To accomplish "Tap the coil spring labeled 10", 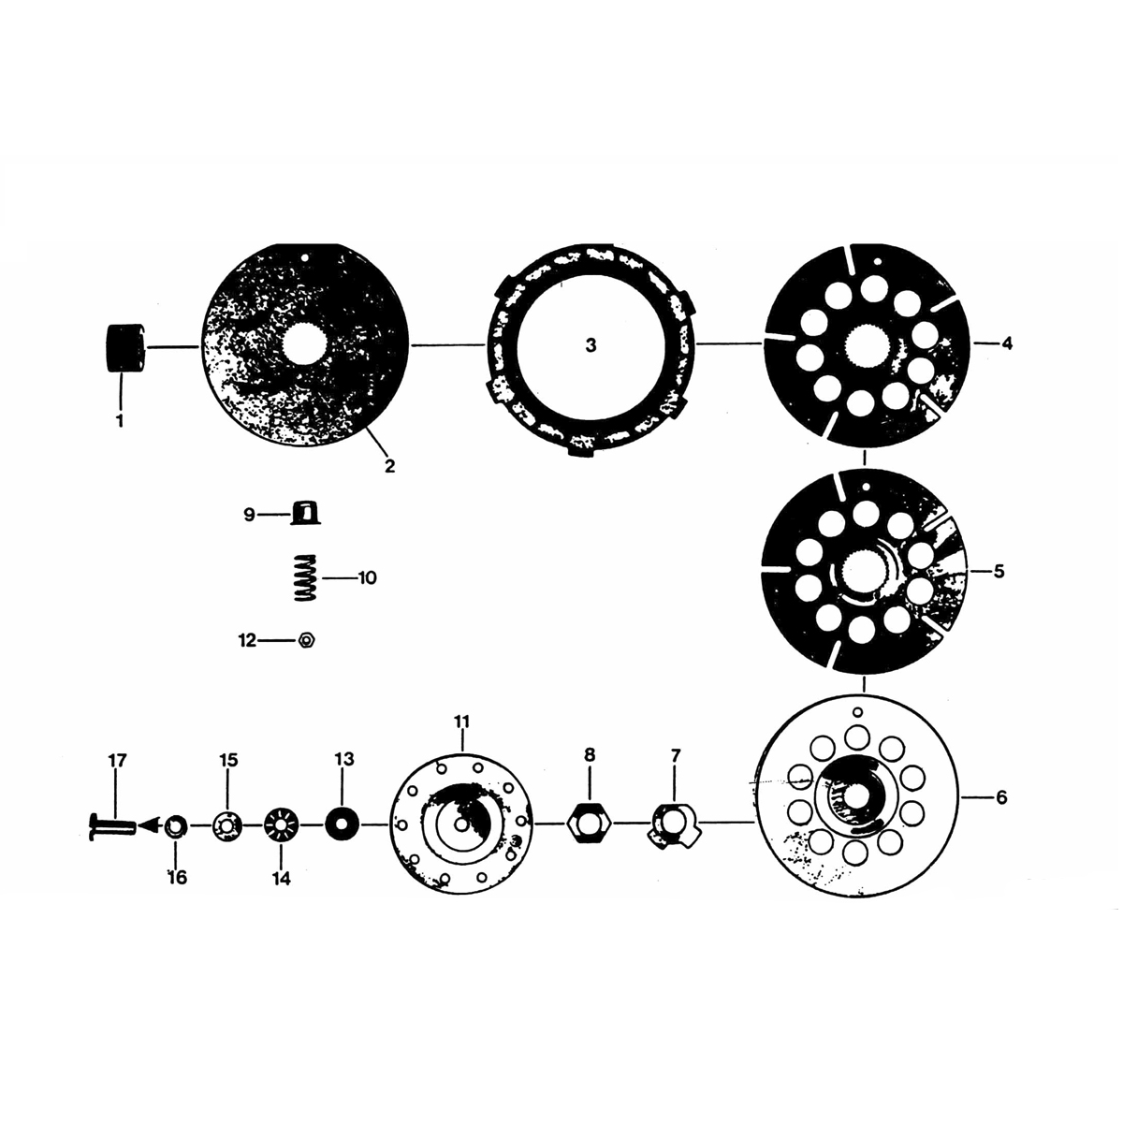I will [x=300, y=578].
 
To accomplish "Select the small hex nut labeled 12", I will [x=305, y=641].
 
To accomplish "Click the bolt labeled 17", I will [x=109, y=826].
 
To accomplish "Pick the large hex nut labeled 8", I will [x=589, y=824].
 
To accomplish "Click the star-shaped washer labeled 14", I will [x=281, y=825].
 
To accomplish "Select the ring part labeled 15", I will [x=227, y=825].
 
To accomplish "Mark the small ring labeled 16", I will [x=175, y=826].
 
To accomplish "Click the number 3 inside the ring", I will [x=590, y=345].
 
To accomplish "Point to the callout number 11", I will [x=462, y=722].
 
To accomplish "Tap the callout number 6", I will [x=1000, y=797].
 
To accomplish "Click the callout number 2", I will [x=389, y=465].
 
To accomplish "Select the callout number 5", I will [x=999, y=571].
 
